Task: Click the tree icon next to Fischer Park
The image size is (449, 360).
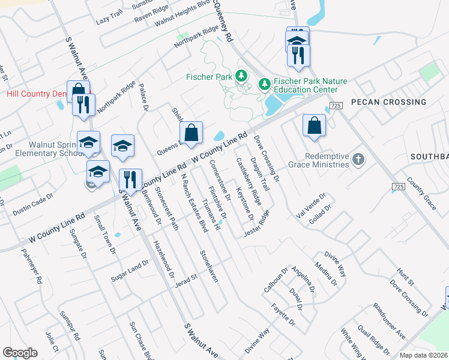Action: click(x=241, y=76)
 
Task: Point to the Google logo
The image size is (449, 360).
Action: click(x=20, y=353)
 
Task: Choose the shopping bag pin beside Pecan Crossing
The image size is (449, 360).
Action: click(x=314, y=126)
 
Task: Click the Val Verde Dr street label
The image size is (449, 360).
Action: click(x=310, y=205)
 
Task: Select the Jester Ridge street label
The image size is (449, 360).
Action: click(x=256, y=224)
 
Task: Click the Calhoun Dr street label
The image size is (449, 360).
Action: click(x=276, y=279)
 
